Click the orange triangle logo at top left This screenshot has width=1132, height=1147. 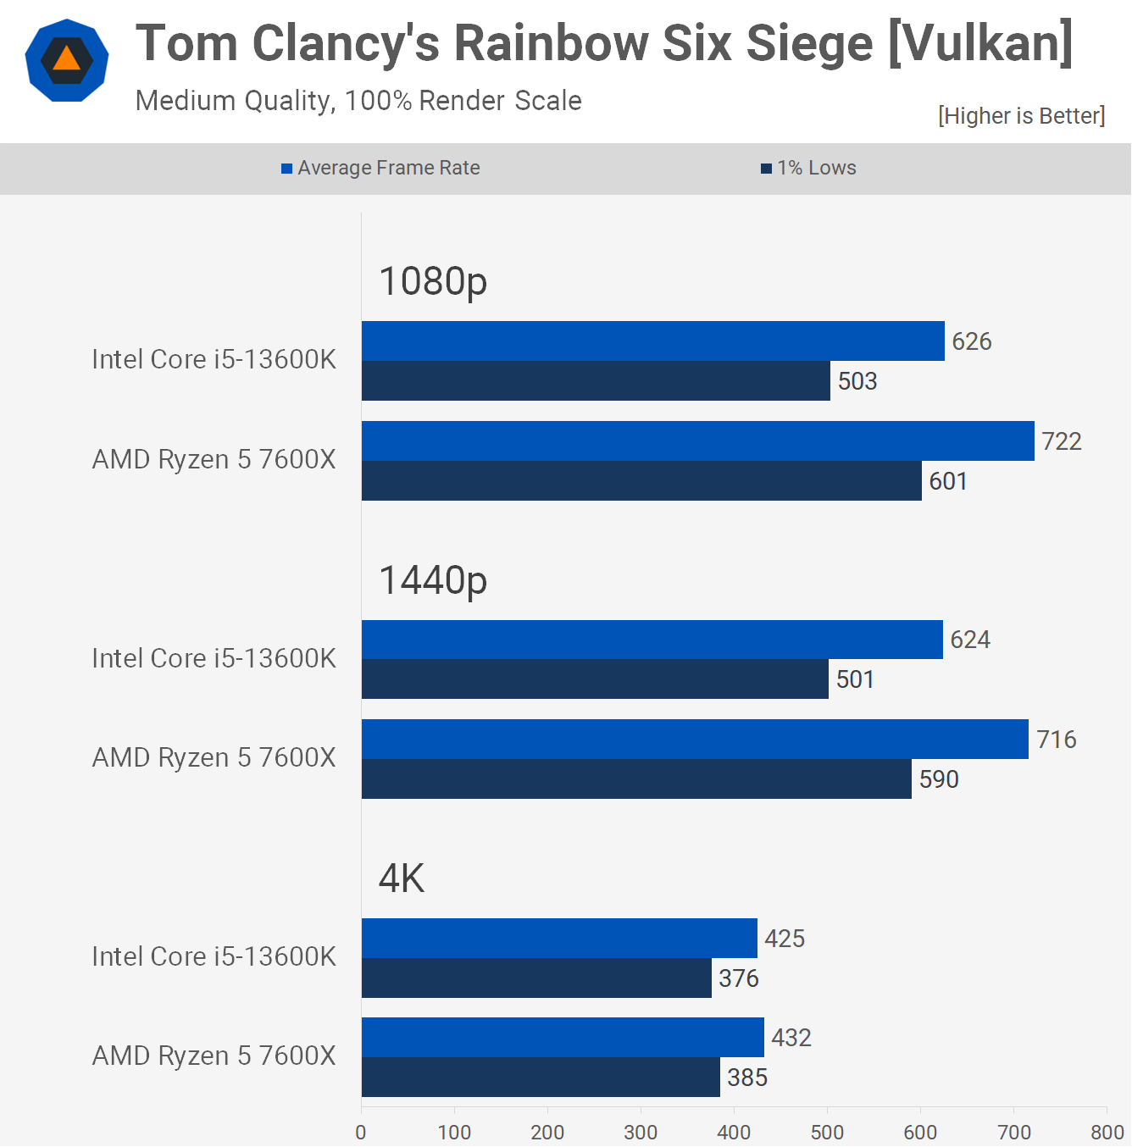(66, 59)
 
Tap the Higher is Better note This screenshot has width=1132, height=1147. (1021, 115)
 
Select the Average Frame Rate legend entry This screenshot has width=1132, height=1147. (381, 168)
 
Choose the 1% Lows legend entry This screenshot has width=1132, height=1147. (809, 168)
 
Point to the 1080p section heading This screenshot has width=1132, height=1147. (433, 281)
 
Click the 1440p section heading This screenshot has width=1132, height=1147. (433, 580)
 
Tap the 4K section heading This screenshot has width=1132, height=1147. (402, 878)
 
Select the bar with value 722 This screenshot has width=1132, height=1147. (697, 441)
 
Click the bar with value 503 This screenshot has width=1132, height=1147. (596, 381)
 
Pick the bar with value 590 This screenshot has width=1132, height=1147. (636, 779)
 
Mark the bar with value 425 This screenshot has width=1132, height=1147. (559, 939)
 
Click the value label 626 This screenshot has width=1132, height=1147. (971, 341)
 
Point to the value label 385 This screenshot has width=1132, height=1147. (747, 1078)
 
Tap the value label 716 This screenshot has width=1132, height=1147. (1056, 740)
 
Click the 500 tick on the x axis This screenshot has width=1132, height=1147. (827, 1132)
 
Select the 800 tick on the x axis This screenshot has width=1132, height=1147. (1107, 1132)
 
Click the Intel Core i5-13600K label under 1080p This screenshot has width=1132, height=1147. (214, 359)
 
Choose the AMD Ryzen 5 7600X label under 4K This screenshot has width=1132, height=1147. (214, 1056)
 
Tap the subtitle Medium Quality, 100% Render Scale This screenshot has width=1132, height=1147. (358, 101)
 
